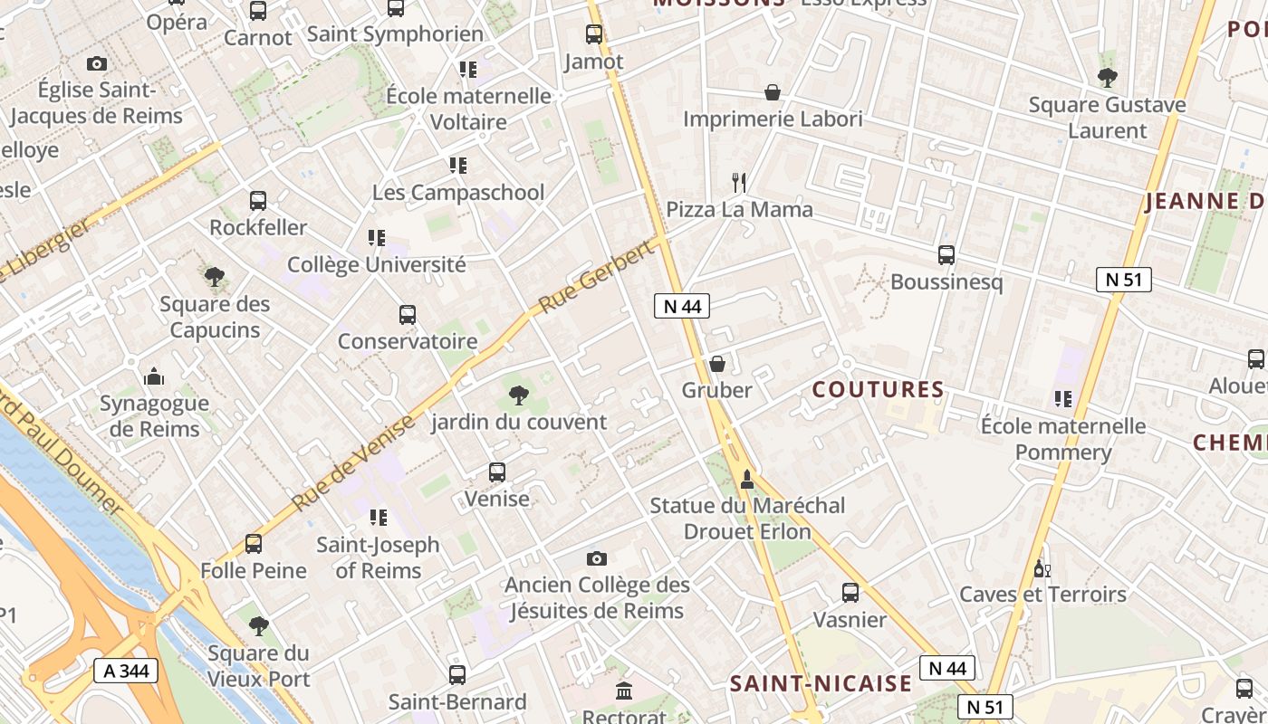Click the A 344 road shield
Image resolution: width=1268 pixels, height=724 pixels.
pyautogui.click(x=126, y=671)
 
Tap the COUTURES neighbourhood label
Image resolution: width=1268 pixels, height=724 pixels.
pyautogui.click(x=878, y=390)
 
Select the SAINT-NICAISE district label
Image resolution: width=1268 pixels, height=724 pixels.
pyautogui.click(x=821, y=683)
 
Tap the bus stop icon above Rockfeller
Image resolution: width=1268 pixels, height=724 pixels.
pyautogui.click(x=258, y=200)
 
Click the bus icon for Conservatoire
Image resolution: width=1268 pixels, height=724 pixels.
pyautogui.click(x=408, y=315)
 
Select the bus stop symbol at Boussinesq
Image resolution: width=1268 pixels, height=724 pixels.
pyautogui.click(x=946, y=255)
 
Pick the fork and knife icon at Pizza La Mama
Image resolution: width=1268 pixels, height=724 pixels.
pyautogui.click(x=739, y=183)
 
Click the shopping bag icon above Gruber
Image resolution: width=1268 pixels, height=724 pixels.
pyautogui.click(x=717, y=364)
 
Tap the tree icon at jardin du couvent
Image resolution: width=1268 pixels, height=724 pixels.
pyautogui.click(x=519, y=395)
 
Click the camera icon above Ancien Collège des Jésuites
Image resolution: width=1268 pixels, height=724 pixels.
pyautogui.click(x=597, y=558)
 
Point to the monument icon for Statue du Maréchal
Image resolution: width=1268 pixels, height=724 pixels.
pyautogui.click(x=747, y=479)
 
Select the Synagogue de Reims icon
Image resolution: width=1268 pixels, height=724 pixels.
pyautogui.click(x=154, y=376)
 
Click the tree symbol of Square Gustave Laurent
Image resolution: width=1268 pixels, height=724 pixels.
pyautogui.click(x=1107, y=78)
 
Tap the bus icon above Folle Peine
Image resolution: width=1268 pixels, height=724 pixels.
pyautogui.click(x=254, y=544)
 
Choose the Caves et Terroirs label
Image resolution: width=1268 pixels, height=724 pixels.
pyautogui.click(x=1042, y=595)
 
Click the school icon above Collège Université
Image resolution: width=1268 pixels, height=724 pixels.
pyautogui.click(x=377, y=238)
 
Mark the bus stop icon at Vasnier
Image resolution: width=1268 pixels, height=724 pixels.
pyautogui.click(x=850, y=593)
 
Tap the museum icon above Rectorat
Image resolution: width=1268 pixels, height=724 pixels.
pyautogui.click(x=624, y=691)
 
